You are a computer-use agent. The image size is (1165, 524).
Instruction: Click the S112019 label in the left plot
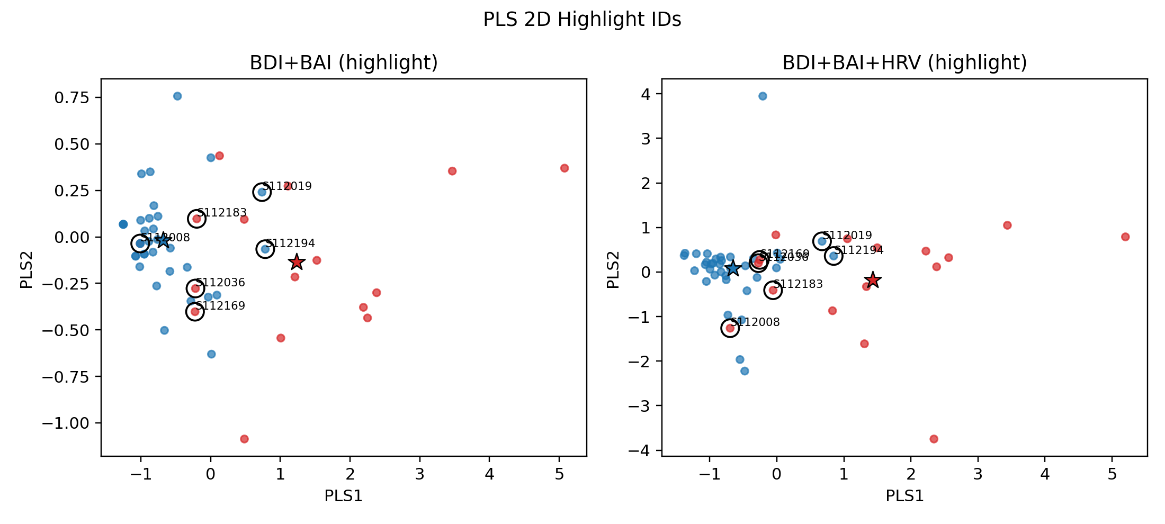coord(287,186)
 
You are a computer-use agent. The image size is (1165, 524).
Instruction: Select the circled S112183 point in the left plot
coord(196,219)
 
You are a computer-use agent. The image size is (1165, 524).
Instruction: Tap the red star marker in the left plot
coord(297,261)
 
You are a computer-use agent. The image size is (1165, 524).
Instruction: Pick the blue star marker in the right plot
coord(732,268)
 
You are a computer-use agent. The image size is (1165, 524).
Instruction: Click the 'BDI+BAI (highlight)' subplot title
coord(344,63)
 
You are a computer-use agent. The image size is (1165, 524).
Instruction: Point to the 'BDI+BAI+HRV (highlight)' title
coord(904,63)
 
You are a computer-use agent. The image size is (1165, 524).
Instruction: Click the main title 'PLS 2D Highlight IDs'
coord(582,20)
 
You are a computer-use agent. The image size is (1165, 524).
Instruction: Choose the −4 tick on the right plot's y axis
coord(641,450)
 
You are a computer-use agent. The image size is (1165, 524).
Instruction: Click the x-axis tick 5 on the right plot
coord(1112,474)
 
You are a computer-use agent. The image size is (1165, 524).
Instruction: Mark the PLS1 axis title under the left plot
coord(344,496)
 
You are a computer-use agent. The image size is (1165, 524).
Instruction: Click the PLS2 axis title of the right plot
coord(613,270)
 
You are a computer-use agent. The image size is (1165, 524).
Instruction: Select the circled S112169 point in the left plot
coord(195,312)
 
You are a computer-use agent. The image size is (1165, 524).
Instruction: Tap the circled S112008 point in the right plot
coord(730,328)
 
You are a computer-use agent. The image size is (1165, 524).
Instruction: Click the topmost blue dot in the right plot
coord(763,96)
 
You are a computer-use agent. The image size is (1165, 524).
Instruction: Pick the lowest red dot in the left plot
coord(244,439)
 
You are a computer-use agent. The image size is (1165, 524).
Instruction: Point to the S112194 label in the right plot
coord(859,250)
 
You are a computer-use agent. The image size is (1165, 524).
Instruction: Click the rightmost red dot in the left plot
coord(564,168)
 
